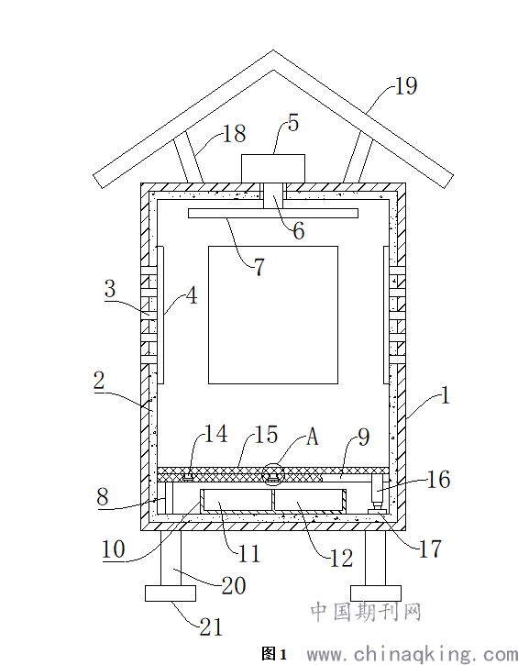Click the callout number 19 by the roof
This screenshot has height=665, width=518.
(406, 85)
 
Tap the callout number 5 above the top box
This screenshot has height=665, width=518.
(292, 123)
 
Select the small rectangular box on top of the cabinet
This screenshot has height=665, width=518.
(273, 169)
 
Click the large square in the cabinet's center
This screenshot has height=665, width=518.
(273, 316)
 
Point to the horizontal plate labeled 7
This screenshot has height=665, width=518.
(273, 213)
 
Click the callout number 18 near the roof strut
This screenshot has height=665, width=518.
(235, 133)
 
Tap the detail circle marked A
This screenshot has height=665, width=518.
(272, 474)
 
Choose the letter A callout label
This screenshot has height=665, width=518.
(313, 436)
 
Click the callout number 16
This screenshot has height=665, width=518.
(438, 480)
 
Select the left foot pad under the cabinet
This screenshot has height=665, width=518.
(171, 593)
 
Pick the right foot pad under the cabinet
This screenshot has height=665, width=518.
(376, 593)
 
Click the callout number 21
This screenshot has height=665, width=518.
(211, 626)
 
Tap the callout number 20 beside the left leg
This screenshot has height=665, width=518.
(234, 586)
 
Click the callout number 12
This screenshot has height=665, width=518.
(342, 558)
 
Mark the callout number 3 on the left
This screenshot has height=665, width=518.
(110, 288)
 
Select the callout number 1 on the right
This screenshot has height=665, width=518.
(445, 395)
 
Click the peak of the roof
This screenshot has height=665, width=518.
(273, 50)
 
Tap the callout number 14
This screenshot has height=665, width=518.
(216, 434)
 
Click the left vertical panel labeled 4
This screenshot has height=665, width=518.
(160, 316)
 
